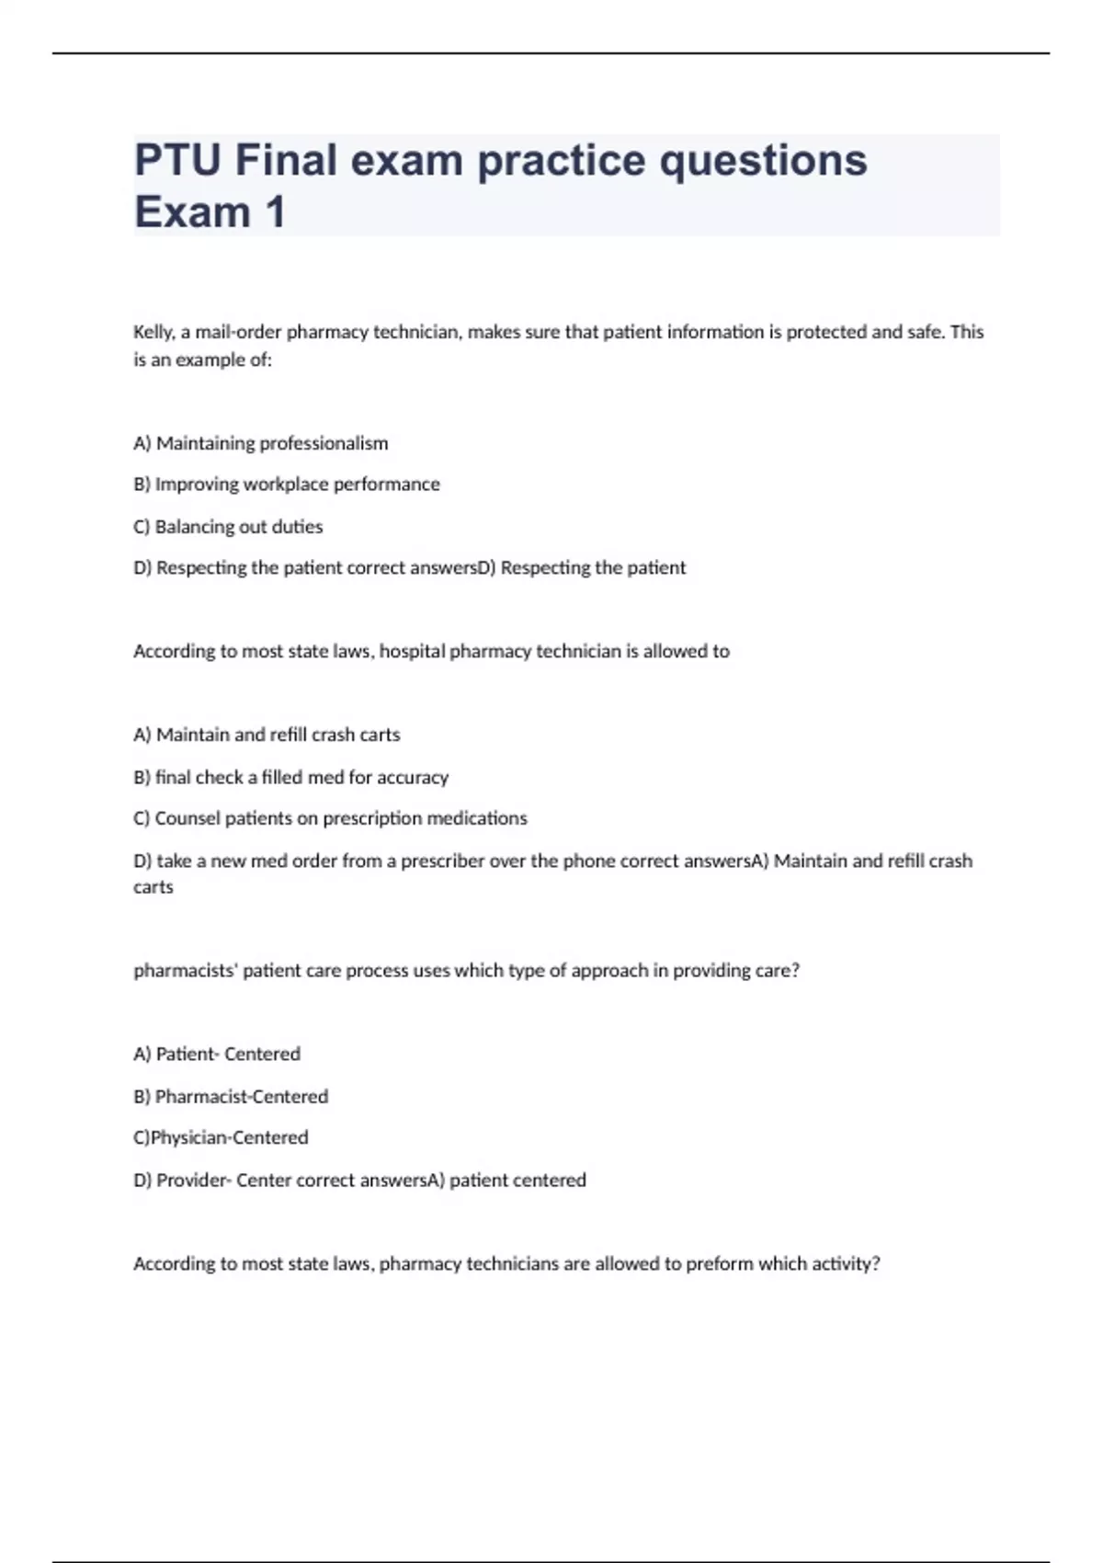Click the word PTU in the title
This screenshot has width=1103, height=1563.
[x=177, y=160]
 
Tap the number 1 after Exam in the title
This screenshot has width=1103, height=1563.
[x=275, y=212]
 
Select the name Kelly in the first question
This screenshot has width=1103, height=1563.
[x=153, y=332]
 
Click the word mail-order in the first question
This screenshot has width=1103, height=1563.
[x=237, y=332]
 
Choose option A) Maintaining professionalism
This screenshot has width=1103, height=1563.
[x=260, y=443]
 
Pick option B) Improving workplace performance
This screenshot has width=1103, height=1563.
[x=286, y=485]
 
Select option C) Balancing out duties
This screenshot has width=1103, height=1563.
[x=228, y=527]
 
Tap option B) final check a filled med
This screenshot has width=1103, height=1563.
[x=290, y=777]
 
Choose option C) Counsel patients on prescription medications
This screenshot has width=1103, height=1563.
[x=330, y=818]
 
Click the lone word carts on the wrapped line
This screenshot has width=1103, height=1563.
[x=153, y=887]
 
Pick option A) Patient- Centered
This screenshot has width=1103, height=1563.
[x=217, y=1054]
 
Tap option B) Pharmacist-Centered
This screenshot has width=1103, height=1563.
[x=231, y=1096]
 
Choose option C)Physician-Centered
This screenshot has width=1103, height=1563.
[x=221, y=1137]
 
